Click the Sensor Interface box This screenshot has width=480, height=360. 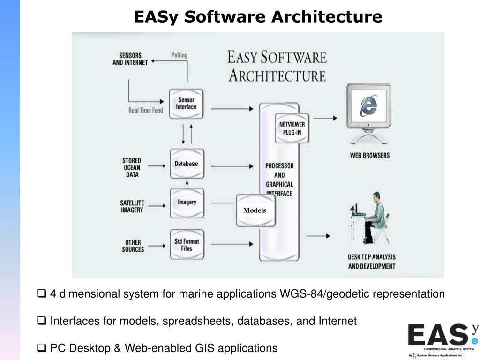click(186, 104)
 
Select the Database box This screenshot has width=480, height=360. click(187, 164)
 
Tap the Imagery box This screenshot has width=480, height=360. click(187, 202)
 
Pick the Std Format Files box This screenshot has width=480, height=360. click(187, 244)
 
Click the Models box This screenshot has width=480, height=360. click(255, 210)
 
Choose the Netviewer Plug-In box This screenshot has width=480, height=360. click(292, 128)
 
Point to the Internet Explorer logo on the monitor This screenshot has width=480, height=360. click(368, 106)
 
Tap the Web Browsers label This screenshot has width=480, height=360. click(369, 155)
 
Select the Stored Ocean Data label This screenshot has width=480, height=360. click(132, 167)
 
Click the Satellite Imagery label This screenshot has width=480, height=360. click(132, 206)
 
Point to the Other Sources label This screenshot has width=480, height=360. click(133, 246)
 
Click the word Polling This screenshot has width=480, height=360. click(179, 55)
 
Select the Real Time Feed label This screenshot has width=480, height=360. click(146, 110)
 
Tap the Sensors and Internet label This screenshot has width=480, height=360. click(130, 59)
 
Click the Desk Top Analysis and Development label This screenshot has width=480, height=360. click(371, 262)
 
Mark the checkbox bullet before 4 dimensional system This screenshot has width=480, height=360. click(41, 294)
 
